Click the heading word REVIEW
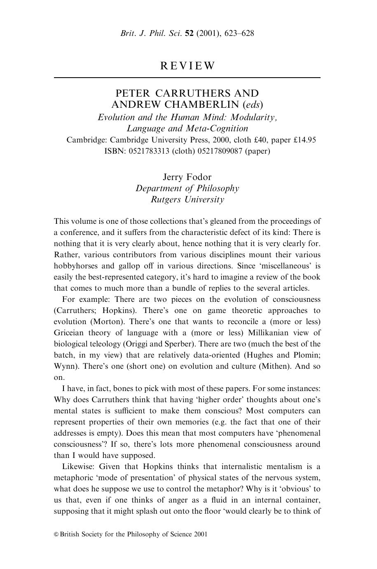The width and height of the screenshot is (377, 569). click(x=187, y=66)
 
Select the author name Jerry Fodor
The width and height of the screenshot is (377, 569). click(x=187, y=177)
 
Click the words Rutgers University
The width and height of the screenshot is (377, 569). click(x=187, y=199)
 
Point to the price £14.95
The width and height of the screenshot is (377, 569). click(x=305, y=140)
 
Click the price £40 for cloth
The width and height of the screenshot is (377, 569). click(x=251, y=140)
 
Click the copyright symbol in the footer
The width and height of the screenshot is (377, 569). click(x=56, y=534)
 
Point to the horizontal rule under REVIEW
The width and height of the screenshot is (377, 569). click(x=187, y=78)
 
